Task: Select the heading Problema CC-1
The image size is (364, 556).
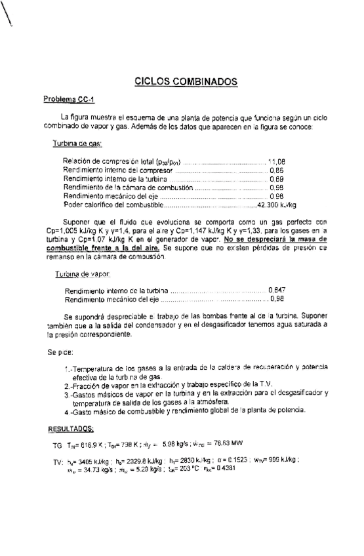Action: pyautogui.click(x=69, y=100)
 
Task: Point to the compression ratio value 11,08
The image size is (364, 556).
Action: pyautogui.click(x=277, y=161)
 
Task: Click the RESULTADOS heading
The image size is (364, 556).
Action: pyautogui.click(x=71, y=428)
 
